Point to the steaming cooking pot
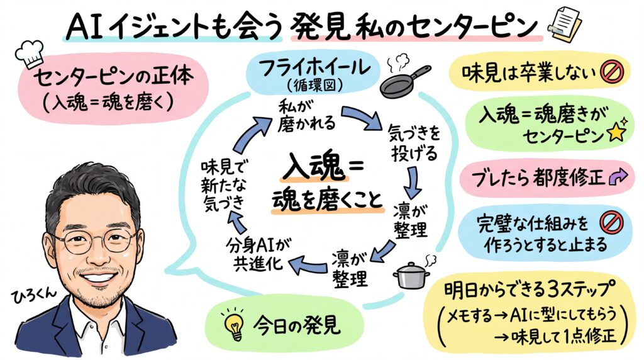(412, 274)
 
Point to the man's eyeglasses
(94, 240)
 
